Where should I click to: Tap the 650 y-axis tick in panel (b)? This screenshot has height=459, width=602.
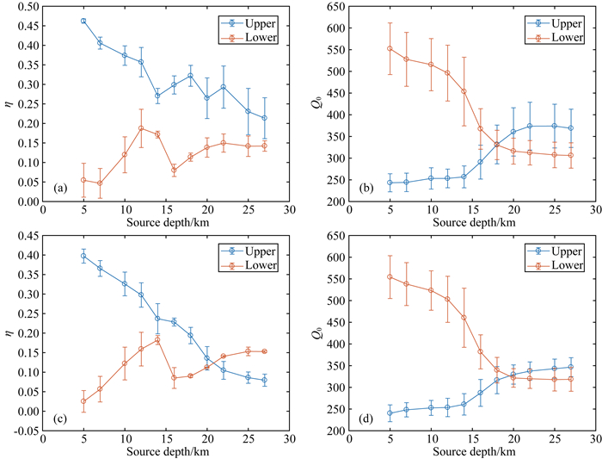point(328,6)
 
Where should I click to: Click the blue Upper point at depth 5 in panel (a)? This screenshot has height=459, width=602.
point(83,21)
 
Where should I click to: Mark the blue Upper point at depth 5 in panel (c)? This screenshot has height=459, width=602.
point(83,256)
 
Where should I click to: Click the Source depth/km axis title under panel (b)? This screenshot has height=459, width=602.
point(470,221)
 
